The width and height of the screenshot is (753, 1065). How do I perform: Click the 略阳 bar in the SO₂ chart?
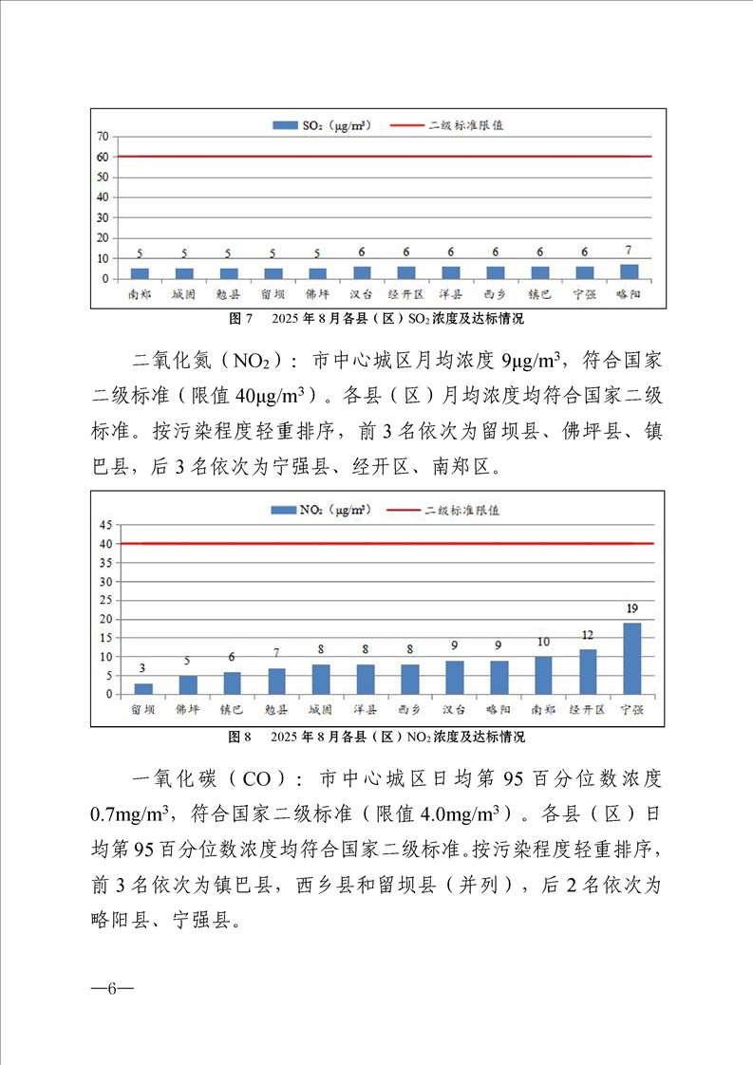pyautogui.click(x=629, y=271)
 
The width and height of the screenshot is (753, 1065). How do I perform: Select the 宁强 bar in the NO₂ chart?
pyautogui.click(x=631, y=658)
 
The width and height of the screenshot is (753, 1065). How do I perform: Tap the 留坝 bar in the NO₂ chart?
pyautogui.click(x=143, y=688)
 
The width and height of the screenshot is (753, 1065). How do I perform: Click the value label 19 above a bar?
pyautogui.click(x=631, y=607)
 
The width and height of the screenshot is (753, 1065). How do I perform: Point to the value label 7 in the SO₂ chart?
pyautogui.click(x=629, y=251)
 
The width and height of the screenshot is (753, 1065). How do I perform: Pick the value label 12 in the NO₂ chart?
pyautogui.click(x=588, y=634)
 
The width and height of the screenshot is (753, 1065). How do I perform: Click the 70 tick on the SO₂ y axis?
pyautogui.click(x=101, y=137)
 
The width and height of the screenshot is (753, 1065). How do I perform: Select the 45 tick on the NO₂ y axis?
pyautogui.click(x=104, y=525)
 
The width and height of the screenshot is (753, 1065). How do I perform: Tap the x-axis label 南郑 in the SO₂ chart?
pyautogui.click(x=140, y=295)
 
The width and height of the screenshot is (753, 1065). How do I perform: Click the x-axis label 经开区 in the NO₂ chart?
pyautogui.click(x=588, y=709)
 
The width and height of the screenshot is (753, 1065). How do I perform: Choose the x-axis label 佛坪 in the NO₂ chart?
pyautogui.click(x=188, y=709)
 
